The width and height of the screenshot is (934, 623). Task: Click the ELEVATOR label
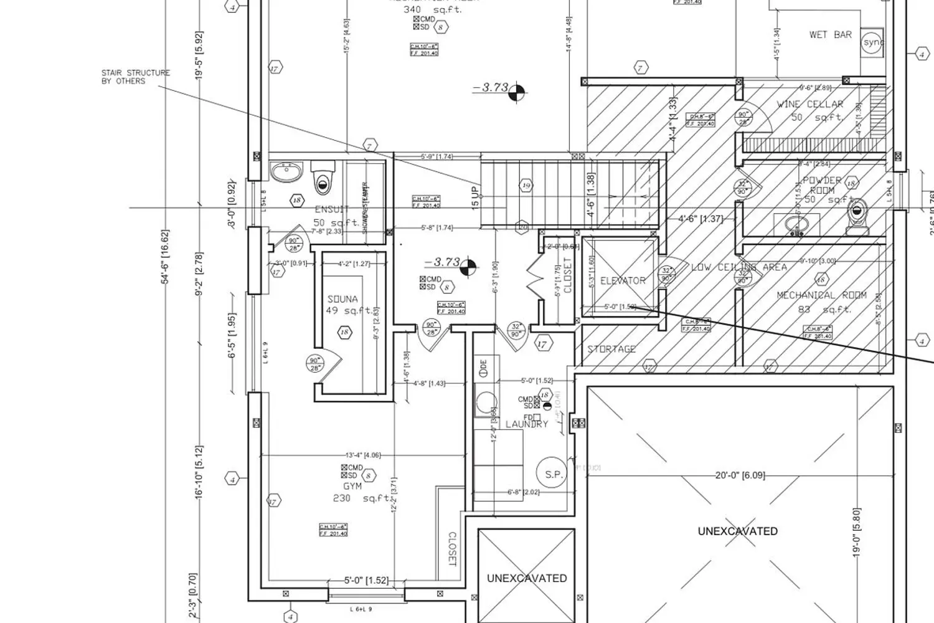[x=623, y=281]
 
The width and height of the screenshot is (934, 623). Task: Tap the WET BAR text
[x=830, y=35]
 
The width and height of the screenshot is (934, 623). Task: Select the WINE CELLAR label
[x=810, y=105]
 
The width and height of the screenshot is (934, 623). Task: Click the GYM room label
[x=352, y=486]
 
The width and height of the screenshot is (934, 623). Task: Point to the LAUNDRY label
[x=527, y=424]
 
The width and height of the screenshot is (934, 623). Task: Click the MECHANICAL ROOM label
[x=821, y=295]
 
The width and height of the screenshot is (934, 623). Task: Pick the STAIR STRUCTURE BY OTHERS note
[x=135, y=77]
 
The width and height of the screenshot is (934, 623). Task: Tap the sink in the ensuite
[x=286, y=170]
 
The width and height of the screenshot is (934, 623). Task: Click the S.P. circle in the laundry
[x=554, y=474]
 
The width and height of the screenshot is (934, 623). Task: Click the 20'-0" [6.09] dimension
[x=740, y=475]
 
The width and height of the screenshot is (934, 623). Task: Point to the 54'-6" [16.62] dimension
[x=165, y=257]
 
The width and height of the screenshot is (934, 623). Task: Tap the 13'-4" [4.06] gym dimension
[x=363, y=455]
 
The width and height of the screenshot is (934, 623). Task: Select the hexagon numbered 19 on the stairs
[x=526, y=186]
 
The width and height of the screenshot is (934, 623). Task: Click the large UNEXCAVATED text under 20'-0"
[x=737, y=531]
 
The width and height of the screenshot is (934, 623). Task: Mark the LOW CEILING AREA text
[x=739, y=267]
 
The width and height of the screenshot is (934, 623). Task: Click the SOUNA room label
[x=342, y=300]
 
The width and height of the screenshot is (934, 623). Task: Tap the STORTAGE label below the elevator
[x=611, y=350]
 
